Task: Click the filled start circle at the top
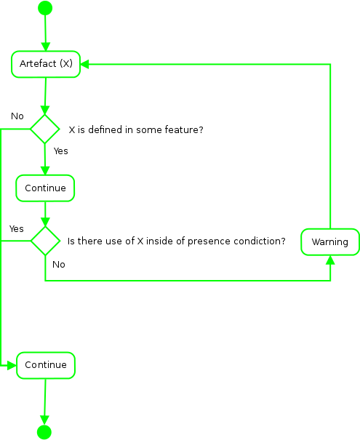tap(45, 8)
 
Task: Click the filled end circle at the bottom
tap(44, 432)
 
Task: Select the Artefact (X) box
tap(46, 64)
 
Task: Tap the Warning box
tap(330, 242)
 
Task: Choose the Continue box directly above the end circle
tap(46, 365)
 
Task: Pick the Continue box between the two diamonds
tap(45, 188)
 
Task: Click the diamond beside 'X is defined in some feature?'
tap(44, 129)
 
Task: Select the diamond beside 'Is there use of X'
tap(45, 240)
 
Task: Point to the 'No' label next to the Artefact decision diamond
tap(17, 116)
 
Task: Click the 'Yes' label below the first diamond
tap(61, 151)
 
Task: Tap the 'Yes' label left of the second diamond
tap(16, 228)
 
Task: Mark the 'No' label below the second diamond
tap(59, 265)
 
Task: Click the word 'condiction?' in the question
tap(258, 241)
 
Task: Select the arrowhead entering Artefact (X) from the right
tap(85, 64)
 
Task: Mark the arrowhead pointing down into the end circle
tap(44, 420)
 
